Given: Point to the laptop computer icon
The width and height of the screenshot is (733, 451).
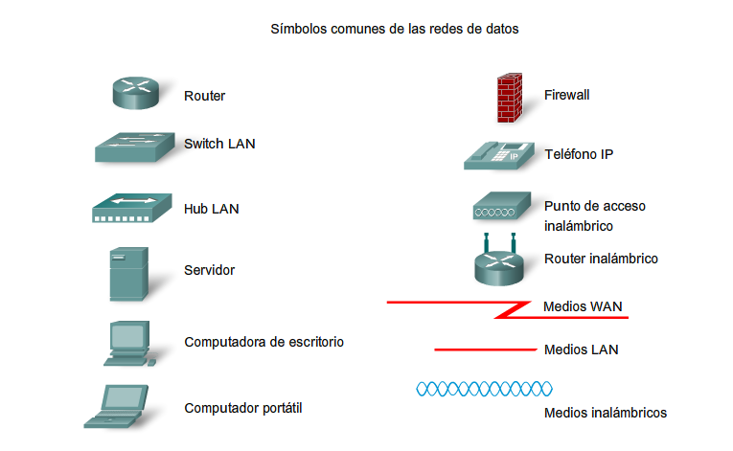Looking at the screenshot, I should coord(120,406).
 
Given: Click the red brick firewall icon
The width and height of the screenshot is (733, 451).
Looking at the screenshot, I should coord(508,97).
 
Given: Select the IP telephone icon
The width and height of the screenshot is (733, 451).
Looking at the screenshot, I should coord(498,155).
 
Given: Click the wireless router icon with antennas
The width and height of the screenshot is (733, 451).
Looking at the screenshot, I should coord(499,260).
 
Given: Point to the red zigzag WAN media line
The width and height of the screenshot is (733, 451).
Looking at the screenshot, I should coord(508,307).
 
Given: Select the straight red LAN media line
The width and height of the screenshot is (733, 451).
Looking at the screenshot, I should coord(485,350).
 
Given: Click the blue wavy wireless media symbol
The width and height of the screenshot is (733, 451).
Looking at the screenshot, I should coord(484,389).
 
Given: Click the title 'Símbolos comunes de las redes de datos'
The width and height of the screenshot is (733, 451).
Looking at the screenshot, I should coord(396,30).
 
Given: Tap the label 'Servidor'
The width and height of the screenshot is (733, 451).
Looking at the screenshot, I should coord(209,270).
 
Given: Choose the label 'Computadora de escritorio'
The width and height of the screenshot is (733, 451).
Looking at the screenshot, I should coord(263,342).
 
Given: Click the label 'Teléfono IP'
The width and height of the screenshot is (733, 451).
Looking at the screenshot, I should coord(578,154).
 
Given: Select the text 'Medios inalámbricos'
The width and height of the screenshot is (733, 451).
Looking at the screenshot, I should coord(605,413).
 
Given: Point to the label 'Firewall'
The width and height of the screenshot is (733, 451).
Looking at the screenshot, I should coord(566,95).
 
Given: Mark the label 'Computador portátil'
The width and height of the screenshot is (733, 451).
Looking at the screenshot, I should coord(243,408).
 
